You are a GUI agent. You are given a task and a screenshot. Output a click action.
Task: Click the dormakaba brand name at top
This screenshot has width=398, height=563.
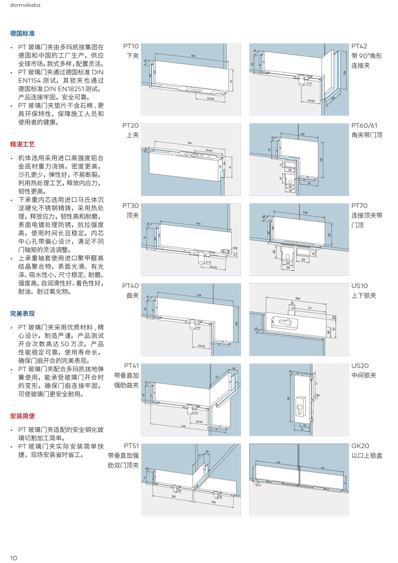point(24,6)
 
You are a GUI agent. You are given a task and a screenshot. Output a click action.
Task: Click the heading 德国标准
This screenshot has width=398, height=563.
point(22,33)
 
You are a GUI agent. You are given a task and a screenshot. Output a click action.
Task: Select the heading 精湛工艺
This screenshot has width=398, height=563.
point(22,144)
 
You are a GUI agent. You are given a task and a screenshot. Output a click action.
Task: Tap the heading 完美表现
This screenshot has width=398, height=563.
point(22,314)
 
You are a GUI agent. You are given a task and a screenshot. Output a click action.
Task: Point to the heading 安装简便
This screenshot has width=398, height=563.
point(22,415)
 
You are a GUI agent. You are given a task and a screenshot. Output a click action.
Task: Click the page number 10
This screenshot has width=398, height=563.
point(14,557)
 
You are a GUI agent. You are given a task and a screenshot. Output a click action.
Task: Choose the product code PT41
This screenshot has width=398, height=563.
point(131,366)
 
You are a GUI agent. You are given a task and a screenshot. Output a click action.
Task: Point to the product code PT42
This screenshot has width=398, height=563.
point(359,46)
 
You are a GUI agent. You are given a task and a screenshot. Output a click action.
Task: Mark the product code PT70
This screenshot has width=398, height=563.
point(359,205)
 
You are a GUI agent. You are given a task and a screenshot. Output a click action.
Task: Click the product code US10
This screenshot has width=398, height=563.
point(359,285)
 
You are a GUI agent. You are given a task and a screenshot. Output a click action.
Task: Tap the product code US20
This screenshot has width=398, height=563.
point(360,366)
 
